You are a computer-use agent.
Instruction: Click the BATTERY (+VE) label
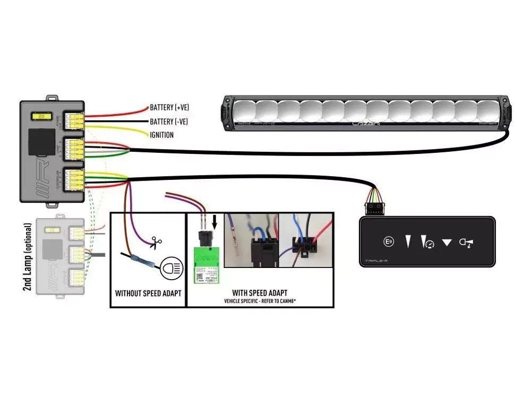pos(169,108)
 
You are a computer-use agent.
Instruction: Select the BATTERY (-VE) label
pos(169,122)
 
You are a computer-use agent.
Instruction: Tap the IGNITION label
pos(161,135)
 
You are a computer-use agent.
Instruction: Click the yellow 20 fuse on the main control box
pos(40,116)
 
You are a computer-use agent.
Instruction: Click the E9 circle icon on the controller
pos(388,242)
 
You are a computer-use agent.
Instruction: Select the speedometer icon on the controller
pos(428,243)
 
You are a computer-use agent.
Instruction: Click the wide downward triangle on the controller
pos(447,243)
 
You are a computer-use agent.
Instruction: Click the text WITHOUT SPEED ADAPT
pos(148,293)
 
